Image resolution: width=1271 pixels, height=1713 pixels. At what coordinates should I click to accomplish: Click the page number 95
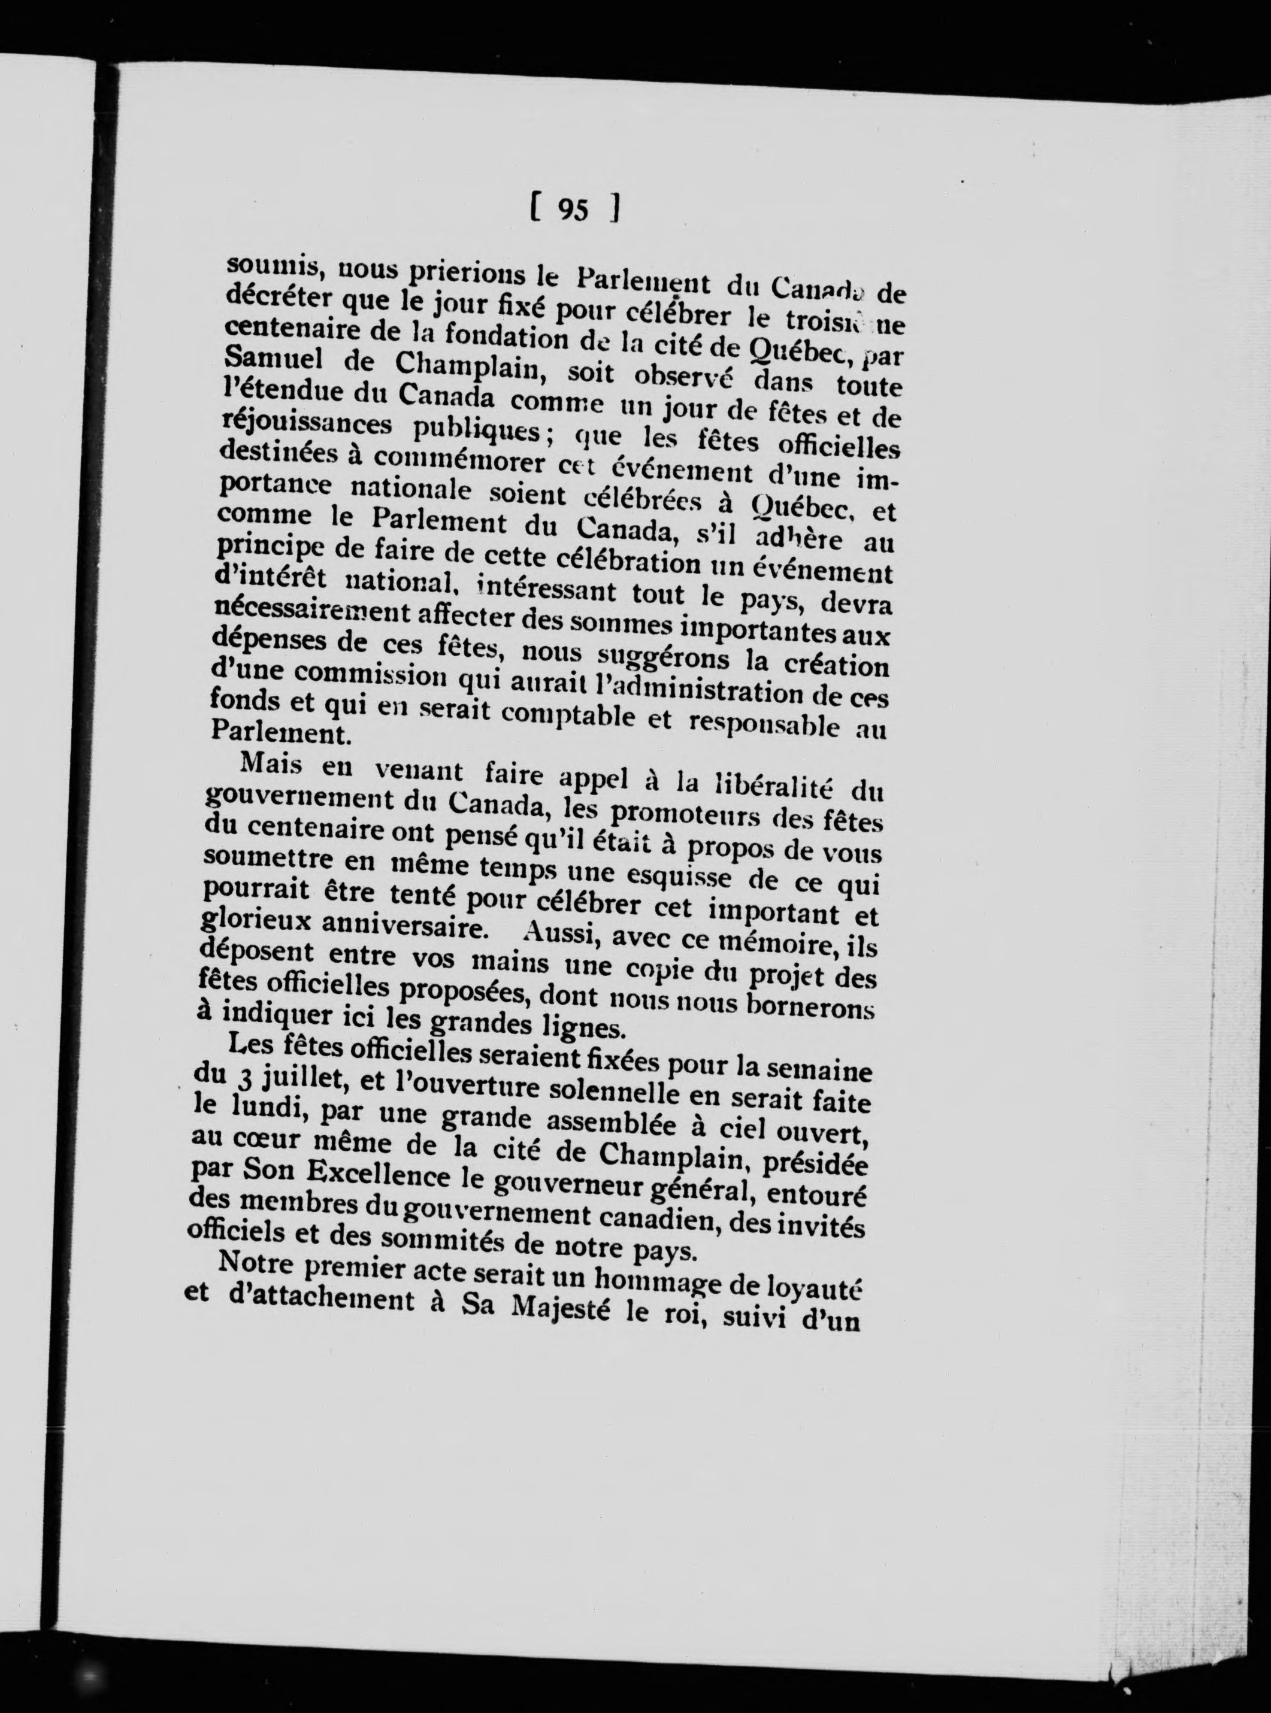(x=574, y=209)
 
